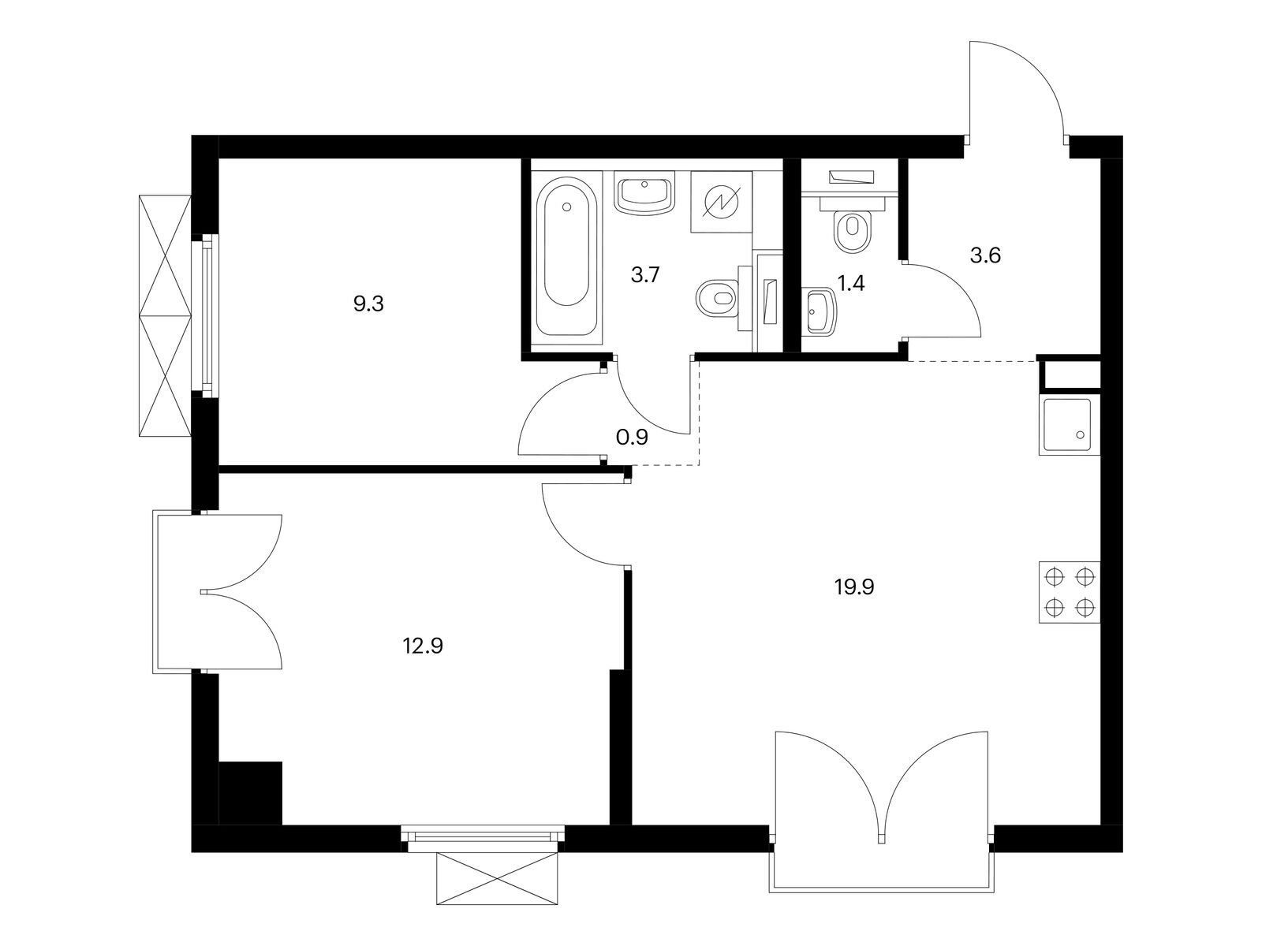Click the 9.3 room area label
(368, 304)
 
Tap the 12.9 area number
(423, 646)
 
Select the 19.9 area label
(853, 587)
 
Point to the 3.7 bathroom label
(644, 275)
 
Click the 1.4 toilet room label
(851, 283)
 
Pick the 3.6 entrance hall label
(985, 255)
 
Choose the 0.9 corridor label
(632, 438)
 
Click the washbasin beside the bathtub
(644, 196)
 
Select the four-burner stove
(1069, 591)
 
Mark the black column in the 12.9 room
(251, 793)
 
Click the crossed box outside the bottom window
(498, 880)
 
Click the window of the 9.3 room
(205, 315)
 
